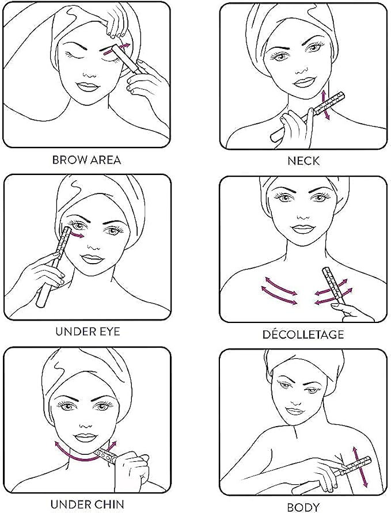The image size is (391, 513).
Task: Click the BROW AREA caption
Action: click(86, 159)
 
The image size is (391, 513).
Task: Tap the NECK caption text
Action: click(303, 161)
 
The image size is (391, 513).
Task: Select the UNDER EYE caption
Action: click(88, 332)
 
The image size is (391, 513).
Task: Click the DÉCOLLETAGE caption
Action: click(303, 334)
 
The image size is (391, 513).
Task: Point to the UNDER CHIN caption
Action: click(88, 504)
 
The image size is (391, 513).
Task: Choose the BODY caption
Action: click(303, 507)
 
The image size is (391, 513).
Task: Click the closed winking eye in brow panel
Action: click(77, 55)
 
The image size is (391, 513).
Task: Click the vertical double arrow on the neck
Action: click(325, 105)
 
